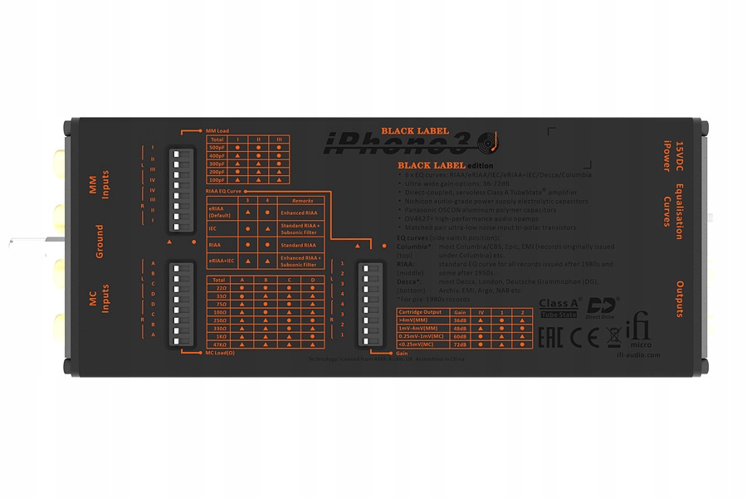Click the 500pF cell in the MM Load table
point(218,148)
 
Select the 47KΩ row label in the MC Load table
point(219,343)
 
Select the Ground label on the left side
point(99,241)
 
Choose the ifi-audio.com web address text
point(641,354)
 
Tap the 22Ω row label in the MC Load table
point(219,288)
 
